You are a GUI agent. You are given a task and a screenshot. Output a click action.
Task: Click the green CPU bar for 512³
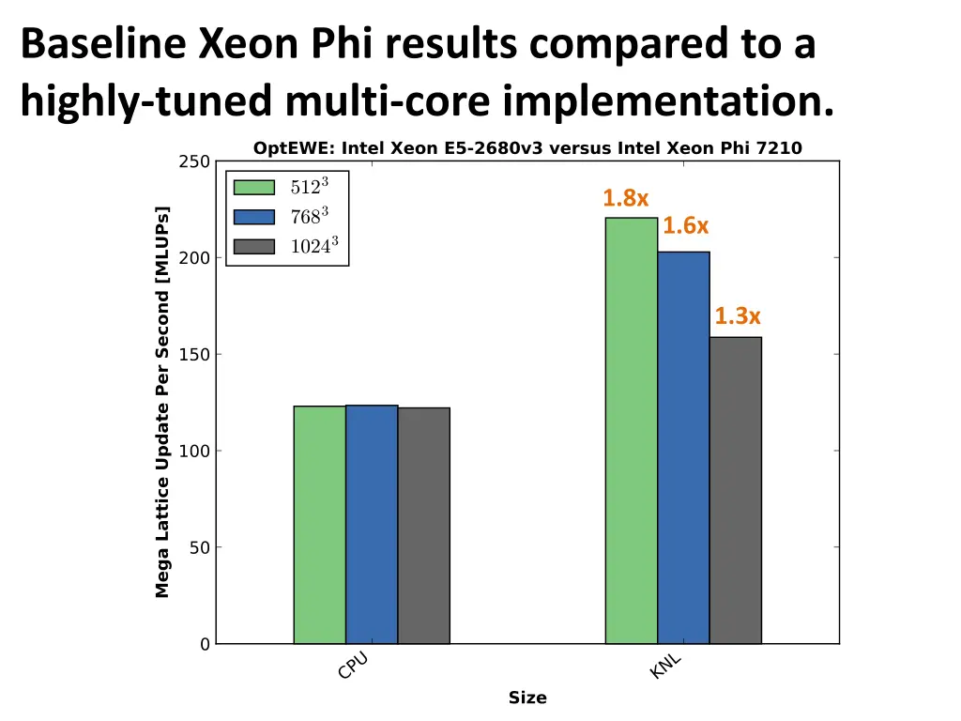coord(319,525)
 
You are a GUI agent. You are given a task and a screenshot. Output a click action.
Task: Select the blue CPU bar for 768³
coord(372,525)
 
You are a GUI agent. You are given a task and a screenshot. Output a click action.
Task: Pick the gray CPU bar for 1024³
coord(423,526)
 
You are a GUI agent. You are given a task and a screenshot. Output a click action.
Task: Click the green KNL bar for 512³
coord(631,431)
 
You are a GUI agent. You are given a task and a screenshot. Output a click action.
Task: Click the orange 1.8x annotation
coord(625,198)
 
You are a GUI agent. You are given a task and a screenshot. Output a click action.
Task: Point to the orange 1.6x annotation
coord(685,226)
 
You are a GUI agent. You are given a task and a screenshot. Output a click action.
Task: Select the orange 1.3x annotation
coord(738,316)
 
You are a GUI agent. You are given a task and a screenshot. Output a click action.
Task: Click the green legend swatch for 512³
coord(253,187)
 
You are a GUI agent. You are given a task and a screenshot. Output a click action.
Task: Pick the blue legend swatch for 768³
coord(253,217)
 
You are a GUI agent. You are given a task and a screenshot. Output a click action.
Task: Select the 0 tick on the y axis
coord(204,644)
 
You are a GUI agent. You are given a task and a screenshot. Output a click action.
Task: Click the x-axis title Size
coord(527,698)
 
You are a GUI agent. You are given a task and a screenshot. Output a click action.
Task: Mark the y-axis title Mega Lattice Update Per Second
coord(162,402)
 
